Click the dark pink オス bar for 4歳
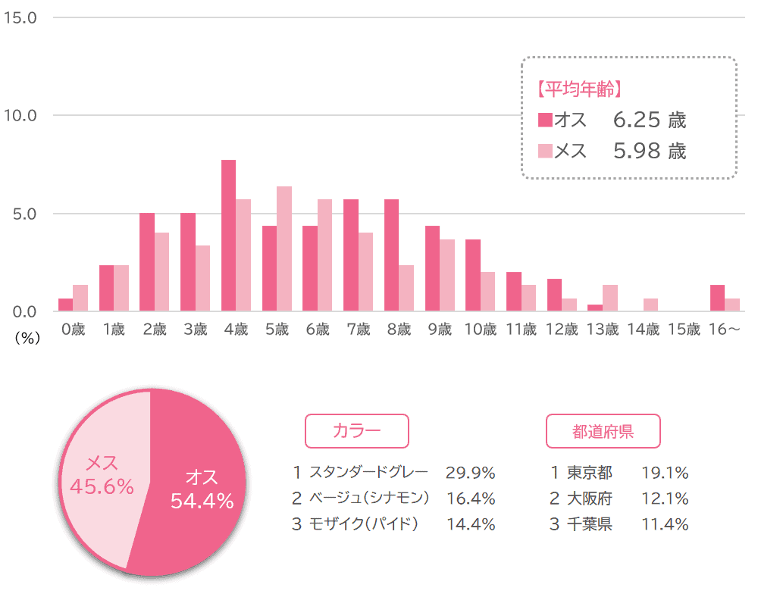pos(228,236)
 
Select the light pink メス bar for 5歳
pos(284,248)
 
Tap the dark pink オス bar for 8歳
pos(392,255)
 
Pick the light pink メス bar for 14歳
pos(650,305)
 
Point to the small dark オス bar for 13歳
pos(594,308)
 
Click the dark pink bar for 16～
pos(717,298)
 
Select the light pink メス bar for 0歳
pos(80,298)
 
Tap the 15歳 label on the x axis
pos(684,330)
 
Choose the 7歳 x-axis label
pos(358,330)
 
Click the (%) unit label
pos(27,339)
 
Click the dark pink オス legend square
pos(545,120)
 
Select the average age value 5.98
pos(637,152)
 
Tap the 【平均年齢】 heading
pos(579,89)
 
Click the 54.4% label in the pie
pos(202,502)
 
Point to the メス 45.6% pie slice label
pos(101,476)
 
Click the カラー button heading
pos(356,431)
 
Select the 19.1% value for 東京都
pos(665,474)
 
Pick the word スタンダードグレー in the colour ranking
pos(368,474)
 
